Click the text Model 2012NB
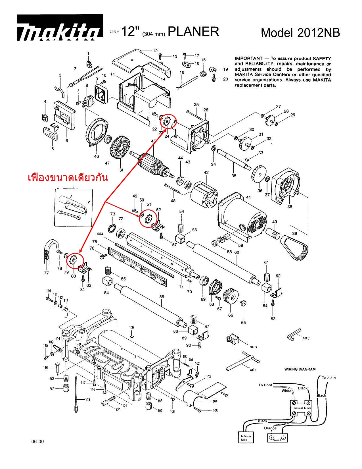point(300,33)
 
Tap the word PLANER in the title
point(194,32)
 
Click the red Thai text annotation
point(68,178)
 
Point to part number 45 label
point(154,141)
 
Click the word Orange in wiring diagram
point(270,428)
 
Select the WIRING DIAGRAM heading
point(300,369)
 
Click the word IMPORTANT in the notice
point(248,58)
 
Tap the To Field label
point(328,378)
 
